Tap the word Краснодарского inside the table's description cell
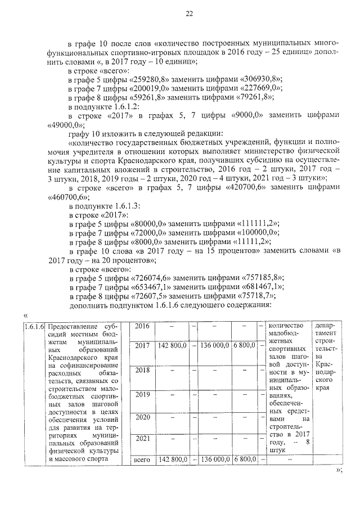[x=74, y=358]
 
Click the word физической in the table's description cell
[x=67, y=451]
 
